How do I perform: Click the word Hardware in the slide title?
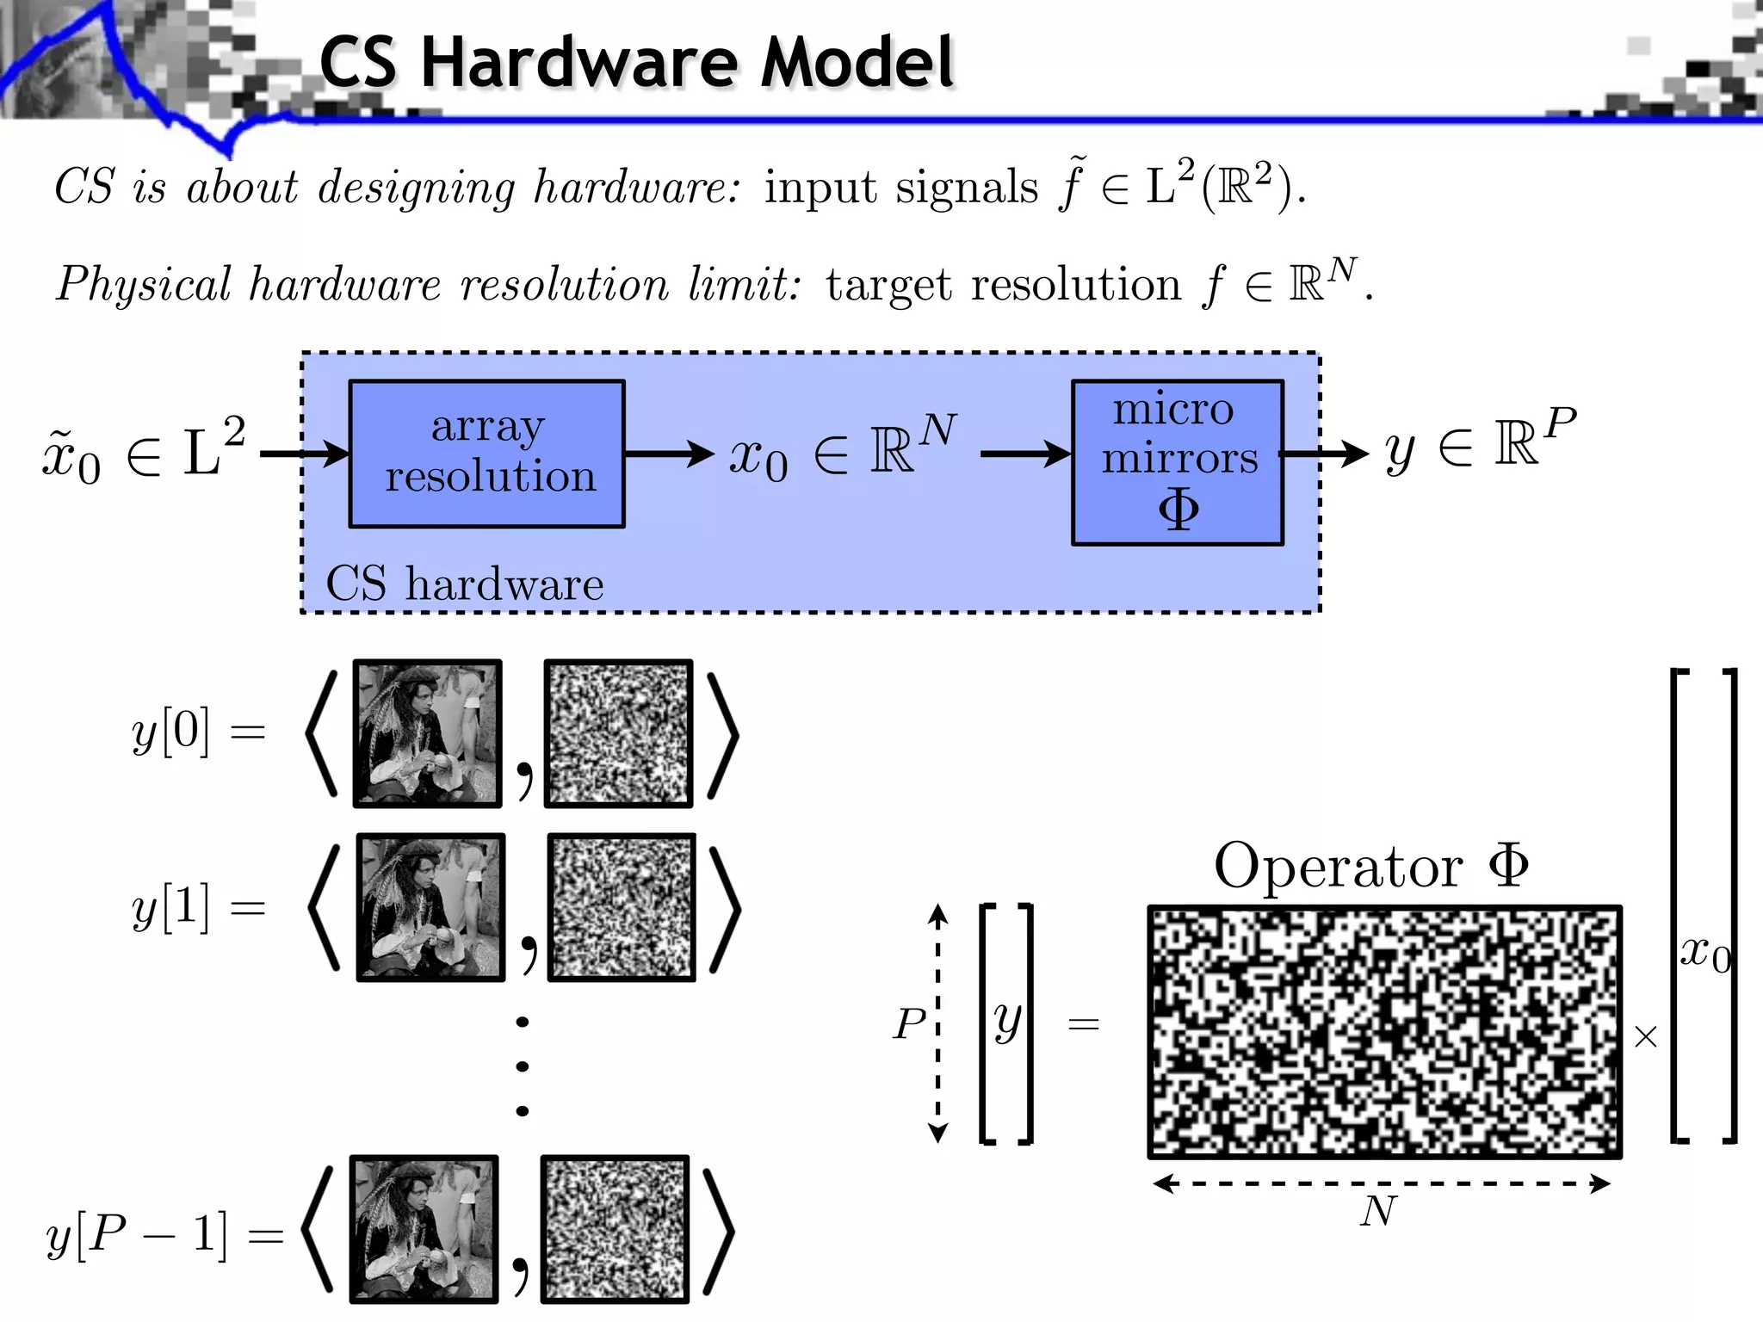pos(578,63)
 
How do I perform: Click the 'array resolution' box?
pos(486,454)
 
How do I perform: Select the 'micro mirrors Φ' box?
pos(1177,462)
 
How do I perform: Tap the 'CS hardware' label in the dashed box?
pos(464,584)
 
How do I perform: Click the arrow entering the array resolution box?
pos(305,454)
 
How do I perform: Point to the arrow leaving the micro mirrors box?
pos(1326,454)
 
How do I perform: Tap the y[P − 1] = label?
pos(164,1236)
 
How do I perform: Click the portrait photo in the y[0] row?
pos(427,733)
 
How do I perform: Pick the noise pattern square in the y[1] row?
pos(621,908)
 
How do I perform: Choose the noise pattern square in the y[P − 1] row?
pos(615,1229)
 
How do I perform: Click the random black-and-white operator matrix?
pos(1384,1031)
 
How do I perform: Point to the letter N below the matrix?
pos(1378,1212)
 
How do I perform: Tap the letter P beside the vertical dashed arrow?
pos(909,1024)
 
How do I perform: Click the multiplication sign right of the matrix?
pos(1645,1037)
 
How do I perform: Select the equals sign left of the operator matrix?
pos(1083,1024)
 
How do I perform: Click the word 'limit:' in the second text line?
pos(744,284)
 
